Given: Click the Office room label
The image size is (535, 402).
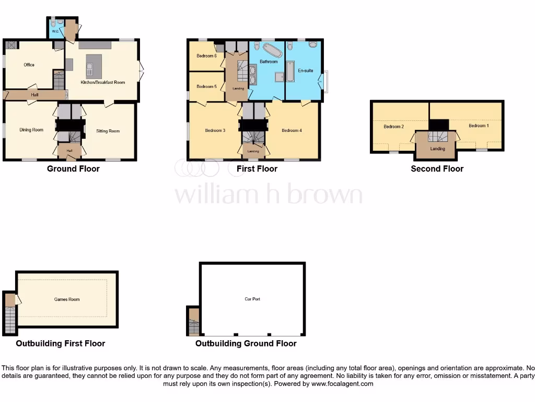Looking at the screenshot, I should click(x=29, y=65).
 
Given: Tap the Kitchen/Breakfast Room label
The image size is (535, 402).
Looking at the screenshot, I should click(x=102, y=82).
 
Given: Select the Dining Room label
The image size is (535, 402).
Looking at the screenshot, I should click(x=31, y=130).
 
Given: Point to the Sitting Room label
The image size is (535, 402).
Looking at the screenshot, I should click(x=108, y=131).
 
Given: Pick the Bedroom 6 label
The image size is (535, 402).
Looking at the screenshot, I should click(x=206, y=55).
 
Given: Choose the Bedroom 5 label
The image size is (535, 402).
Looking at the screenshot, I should click(x=206, y=87).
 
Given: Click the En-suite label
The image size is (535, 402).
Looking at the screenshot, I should click(x=305, y=70).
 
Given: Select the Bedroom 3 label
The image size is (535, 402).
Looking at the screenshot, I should click(x=214, y=130).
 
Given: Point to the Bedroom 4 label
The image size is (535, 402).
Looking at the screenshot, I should click(x=292, y=130).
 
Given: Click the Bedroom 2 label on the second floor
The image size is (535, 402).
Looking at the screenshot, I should click(x=393, y=127).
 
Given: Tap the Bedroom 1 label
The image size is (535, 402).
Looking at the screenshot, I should click(x=479, y=126).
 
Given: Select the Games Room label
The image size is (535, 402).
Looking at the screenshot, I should click(x=67, y=299).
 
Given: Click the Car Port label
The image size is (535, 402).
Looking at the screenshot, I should click(x=252, y=299).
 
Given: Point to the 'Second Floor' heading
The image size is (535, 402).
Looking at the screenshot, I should click(x=437, y=169).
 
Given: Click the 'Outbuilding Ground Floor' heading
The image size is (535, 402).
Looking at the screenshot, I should click(x=246, y=343).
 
